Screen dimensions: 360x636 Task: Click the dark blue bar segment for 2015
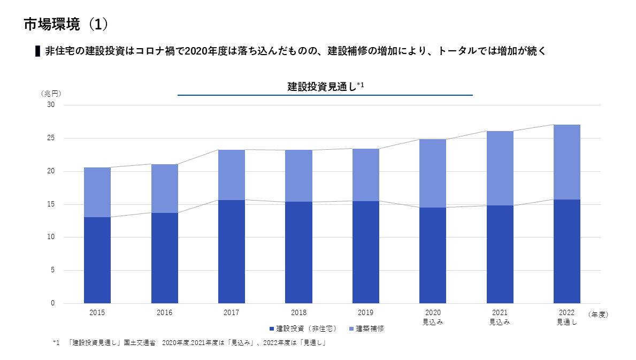[97, 260]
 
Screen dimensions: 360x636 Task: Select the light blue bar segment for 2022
[567, 162]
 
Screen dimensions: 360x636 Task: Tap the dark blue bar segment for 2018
[298, 252]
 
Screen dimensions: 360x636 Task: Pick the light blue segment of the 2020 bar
[433, 173]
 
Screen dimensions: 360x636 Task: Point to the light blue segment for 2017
[232, 175]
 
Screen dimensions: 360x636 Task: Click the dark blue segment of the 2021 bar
[500, 254]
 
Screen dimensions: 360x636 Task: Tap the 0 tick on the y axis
[52, 303]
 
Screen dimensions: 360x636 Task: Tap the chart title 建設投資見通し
[321, 87]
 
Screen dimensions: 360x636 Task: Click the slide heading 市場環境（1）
[66, 24]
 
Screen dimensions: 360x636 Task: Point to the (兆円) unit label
[51, 93]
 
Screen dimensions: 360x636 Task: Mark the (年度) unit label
[598, 315]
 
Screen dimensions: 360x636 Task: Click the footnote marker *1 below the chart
[57, 343]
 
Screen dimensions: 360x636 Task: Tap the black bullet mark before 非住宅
[37, 51]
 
